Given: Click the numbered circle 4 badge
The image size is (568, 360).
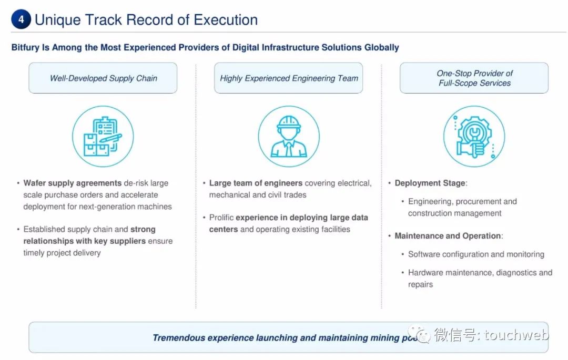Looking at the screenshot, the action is coord(21,20).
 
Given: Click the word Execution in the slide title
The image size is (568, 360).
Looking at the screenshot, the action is coord(226,20).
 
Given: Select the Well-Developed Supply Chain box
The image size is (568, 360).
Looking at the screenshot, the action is coord(103,78).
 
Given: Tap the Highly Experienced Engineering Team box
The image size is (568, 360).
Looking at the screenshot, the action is coord(289,78).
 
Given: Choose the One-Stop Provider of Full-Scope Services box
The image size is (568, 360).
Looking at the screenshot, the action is coord(474,78).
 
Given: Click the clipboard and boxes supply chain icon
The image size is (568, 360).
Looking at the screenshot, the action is coord(103,137).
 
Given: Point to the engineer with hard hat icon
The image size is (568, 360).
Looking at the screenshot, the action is coord(289,137).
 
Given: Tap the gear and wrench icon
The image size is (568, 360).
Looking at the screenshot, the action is coord(474,137).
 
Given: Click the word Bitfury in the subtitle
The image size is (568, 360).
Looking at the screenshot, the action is coord(25,47).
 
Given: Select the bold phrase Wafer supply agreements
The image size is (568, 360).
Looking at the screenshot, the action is coord(73,183).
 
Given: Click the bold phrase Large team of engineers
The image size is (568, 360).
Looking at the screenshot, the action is coord(256,183).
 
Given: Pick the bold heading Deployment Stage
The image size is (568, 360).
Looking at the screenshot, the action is coord(430,183).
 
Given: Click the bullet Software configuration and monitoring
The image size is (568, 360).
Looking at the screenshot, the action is coord(476,254).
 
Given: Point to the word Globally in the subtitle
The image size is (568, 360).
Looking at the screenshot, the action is coord(382,47).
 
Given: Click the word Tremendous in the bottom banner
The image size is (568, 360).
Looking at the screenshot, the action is coord(178,337).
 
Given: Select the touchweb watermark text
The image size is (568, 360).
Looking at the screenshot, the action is coord(516,335).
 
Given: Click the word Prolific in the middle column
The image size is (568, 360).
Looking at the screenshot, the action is coord(221,218).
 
